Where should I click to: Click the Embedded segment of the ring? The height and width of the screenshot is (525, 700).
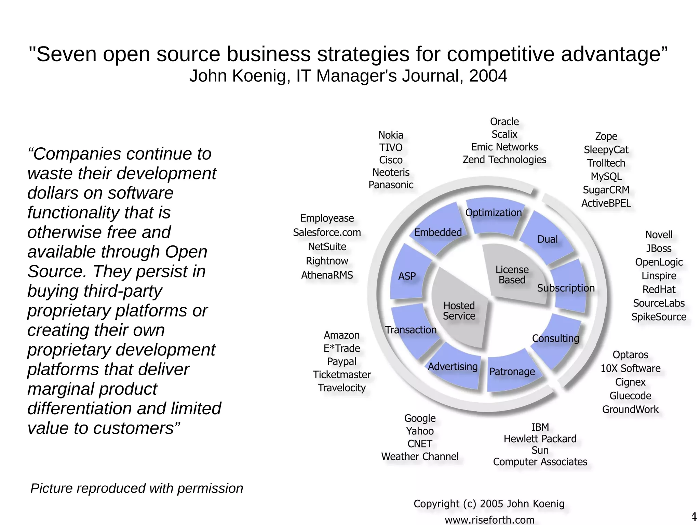click(438, 232)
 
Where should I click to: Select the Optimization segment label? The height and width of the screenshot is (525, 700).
click(493, 213)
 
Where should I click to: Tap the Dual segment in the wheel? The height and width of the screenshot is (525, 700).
click(547, 239)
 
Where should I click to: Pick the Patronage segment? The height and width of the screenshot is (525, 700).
click(512, 372)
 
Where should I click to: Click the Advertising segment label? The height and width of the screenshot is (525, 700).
click(453, 366)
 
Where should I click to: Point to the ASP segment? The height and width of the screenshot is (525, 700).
click(407, 276)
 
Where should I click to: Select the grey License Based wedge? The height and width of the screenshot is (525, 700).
click(512, 275)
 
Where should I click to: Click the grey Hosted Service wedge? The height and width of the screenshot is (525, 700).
click(459, 311)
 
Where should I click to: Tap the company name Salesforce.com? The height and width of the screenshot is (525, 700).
click(327, 232)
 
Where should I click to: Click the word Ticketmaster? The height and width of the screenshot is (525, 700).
click(341, 375)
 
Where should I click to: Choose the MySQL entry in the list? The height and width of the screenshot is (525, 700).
click(606, 176)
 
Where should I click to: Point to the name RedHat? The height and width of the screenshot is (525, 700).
click(659, 290)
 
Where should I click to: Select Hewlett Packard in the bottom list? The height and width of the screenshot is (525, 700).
click(540, 439)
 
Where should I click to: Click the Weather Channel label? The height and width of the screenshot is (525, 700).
click(420, 456)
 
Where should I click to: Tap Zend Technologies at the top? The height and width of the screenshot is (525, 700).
click(504, 160)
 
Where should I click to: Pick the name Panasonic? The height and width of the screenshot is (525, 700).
click(391, 185)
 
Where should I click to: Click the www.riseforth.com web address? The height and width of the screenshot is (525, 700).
click(489, 520)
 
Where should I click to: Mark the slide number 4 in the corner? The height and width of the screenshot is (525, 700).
click(694, 516)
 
